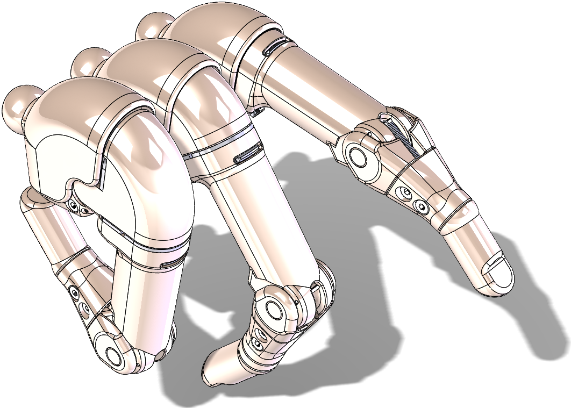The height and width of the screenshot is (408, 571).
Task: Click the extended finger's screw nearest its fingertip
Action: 421,205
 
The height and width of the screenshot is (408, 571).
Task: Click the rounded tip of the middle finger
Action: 215,371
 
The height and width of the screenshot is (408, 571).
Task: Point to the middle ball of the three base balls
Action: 86,62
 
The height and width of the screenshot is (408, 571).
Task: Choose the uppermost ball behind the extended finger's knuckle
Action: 149,25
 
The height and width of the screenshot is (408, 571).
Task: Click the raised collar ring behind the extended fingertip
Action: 457,215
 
